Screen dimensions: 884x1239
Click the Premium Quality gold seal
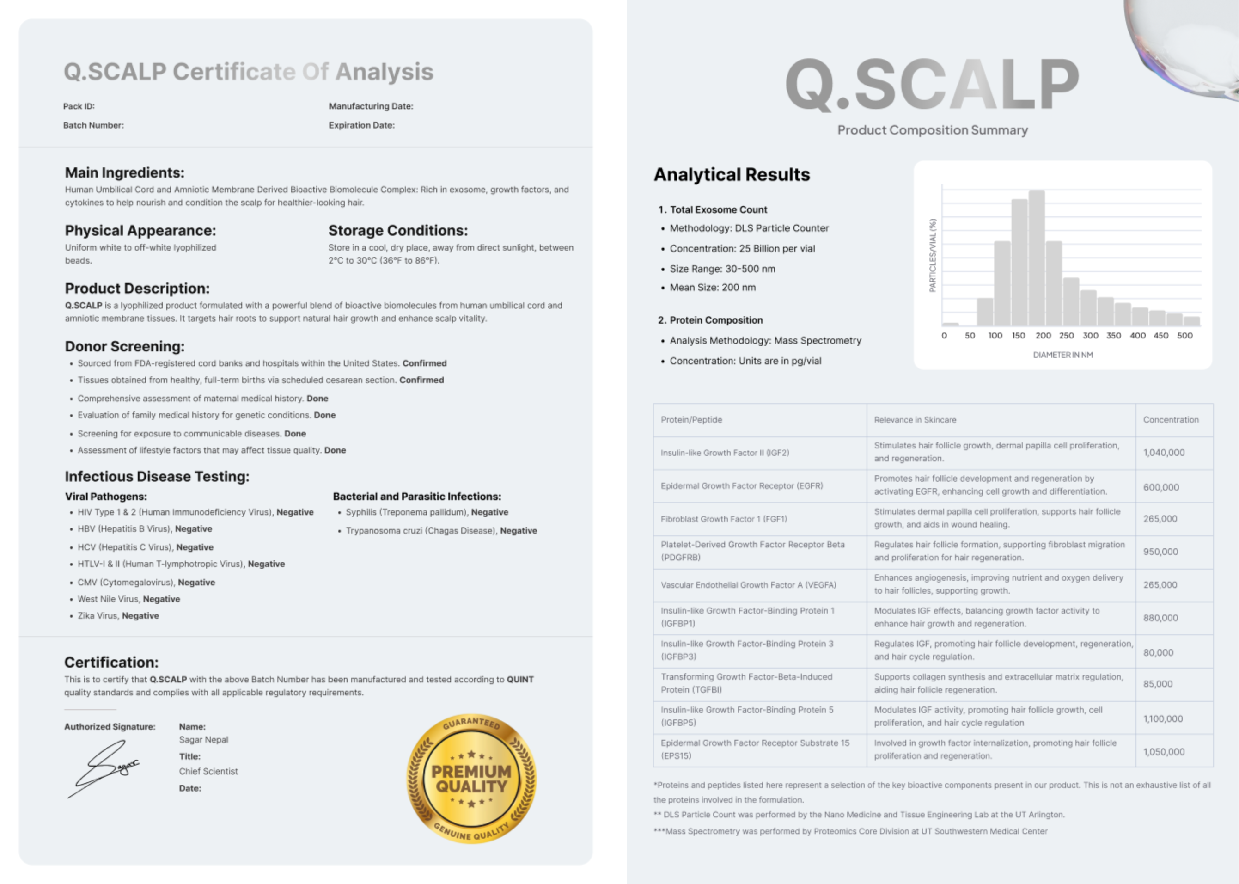click(471, 779)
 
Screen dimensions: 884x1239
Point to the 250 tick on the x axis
click(1066, 335)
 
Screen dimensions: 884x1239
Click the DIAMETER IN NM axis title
click(1063, 355)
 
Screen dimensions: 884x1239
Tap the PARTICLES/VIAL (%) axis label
click(933, 255)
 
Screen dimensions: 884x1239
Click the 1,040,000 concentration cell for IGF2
click(1164, 452)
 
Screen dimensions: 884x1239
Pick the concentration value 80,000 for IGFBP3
click(1159, 652)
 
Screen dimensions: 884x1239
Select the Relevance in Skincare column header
click(915, 420)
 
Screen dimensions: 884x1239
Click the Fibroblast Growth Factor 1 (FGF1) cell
click(724, 519)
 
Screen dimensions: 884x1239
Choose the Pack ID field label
click(79, 106)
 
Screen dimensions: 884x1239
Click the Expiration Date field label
click(361, 125)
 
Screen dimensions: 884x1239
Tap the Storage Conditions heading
click(398, 230)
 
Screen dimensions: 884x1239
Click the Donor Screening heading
click(125, 346)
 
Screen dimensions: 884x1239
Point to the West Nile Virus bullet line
click(128, 599)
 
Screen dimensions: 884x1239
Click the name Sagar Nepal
click(203, 740)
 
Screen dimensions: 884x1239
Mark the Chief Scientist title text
click(208, 771)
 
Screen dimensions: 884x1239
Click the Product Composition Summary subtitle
click(932, 130)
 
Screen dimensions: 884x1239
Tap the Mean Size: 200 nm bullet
click(712, 288)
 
